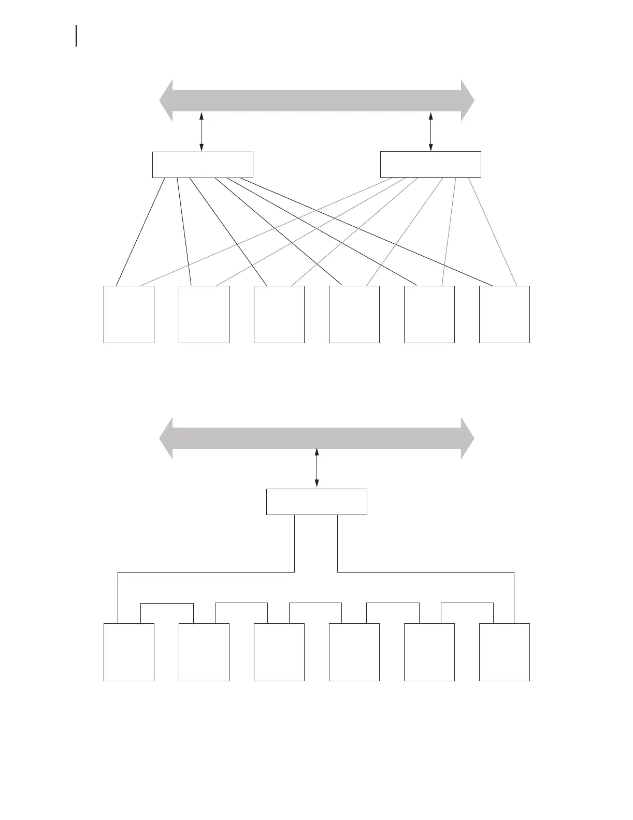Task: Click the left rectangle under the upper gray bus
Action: click(x=203, y=165)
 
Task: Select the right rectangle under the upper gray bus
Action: click(x=430, y=164)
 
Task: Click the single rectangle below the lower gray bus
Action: click(x=316, y=502)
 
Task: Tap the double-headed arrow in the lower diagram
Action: click(x=316, y=468)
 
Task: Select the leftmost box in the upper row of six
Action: click(x=129, y=314)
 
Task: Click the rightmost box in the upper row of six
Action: click(x=504, y=314)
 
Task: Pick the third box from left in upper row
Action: click(x=279, y=314)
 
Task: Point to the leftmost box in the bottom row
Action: click(x=129, y=652)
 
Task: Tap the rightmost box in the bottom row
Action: click(x=504, y=652)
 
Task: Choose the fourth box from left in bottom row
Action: click(x=354, y=652)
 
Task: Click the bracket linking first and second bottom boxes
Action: click(x=167, y=604)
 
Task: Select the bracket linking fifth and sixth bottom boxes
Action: click(x=467, y=604)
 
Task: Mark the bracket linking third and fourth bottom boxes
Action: click(x=315, y=604)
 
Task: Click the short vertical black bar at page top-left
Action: click(x=77, y=36)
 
